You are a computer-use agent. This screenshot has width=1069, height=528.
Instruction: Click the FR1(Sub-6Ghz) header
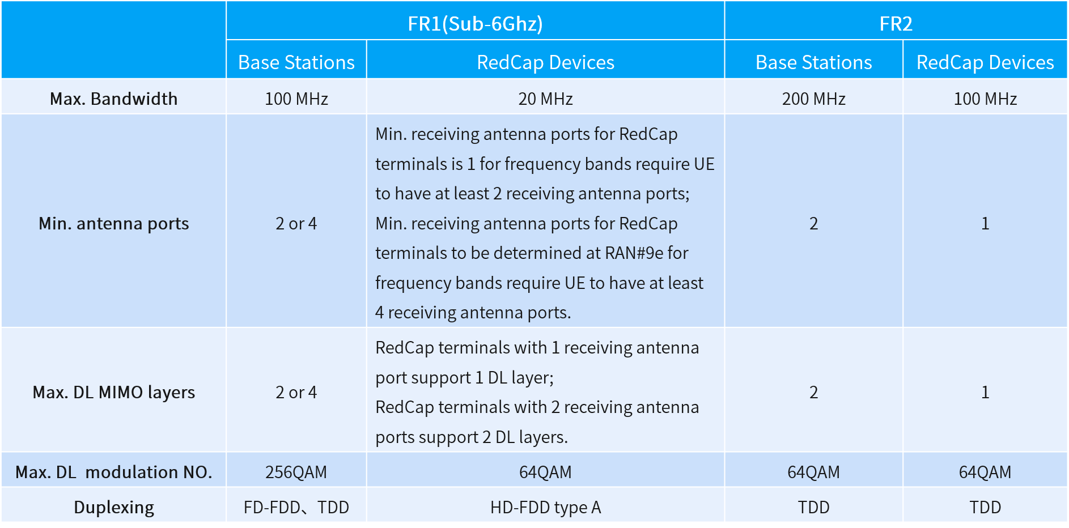pos(475,24)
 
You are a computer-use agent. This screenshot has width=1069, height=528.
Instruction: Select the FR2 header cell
pos(896,24)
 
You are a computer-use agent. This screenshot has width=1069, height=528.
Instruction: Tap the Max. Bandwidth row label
pos(113,99)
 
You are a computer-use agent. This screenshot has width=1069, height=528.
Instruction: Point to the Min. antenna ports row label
pos(113,223)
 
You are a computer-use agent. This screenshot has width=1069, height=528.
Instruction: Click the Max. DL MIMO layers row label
pos(113,392)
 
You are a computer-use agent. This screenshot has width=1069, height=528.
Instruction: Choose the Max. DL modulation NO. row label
pos(113,472)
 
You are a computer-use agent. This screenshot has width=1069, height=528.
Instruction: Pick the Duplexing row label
pos(113,507)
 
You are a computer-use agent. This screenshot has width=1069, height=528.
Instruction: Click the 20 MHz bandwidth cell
pos(545,99)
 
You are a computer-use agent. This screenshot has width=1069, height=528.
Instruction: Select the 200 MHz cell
pos(813,99)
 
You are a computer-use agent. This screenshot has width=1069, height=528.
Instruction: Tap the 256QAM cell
pos(296,472)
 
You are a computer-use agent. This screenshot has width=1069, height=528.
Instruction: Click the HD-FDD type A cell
pos(545,507)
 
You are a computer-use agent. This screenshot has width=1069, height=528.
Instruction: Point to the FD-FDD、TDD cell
pos(296,507)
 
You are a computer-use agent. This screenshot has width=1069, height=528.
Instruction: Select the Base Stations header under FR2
pos(813,62)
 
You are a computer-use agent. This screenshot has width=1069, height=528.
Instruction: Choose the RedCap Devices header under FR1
pos(545,62)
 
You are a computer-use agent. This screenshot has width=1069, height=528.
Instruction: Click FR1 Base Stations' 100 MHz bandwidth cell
pos(296,99)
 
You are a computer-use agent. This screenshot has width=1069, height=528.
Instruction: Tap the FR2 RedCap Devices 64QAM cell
pos(985,472)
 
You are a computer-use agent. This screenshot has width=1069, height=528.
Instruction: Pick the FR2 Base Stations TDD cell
pos(813,507)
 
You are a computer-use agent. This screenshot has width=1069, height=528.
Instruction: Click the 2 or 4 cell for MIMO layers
pos(296,392)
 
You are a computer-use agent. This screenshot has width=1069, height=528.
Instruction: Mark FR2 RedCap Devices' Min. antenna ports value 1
pos(985,223)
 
